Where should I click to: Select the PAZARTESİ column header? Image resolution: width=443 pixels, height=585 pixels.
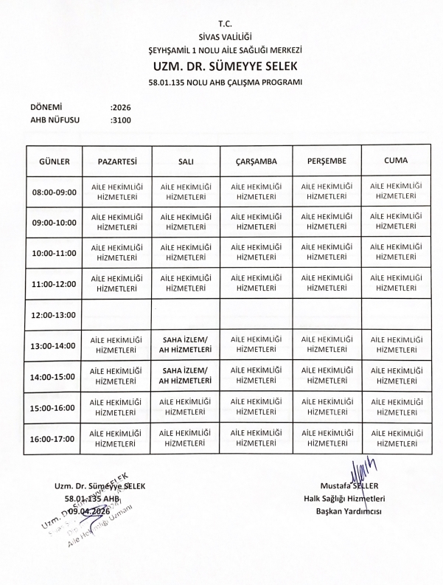pos(115,161)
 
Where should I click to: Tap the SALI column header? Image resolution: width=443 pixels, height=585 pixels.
pos(186,161)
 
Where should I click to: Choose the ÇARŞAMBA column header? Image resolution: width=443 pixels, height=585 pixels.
pos(257,161)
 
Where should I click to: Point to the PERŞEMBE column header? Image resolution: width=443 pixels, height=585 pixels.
pos(327,161)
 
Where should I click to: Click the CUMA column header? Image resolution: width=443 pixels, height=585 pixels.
pos(397,160)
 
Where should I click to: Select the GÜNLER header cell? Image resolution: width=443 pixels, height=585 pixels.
pos(54,161)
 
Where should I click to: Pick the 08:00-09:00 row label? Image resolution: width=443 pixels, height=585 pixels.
pos(54,193)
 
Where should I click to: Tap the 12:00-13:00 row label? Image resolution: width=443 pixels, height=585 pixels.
pos(54,315)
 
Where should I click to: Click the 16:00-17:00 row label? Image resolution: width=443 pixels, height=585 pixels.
pos(54,439)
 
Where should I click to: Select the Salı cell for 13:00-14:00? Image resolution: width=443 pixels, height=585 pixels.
pos(186,345)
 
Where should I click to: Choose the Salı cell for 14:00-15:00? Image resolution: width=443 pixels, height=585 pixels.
pos(186,376)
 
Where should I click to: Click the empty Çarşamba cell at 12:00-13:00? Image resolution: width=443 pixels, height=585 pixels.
pos(257,315)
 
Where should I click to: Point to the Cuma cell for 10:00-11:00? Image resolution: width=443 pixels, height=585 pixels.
pos(397,253)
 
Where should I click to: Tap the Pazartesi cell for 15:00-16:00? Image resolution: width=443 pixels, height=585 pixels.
pos(115,407)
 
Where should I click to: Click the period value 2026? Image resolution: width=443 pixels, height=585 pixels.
pos(120,106)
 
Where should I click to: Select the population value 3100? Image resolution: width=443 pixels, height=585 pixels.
pos(120,119)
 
